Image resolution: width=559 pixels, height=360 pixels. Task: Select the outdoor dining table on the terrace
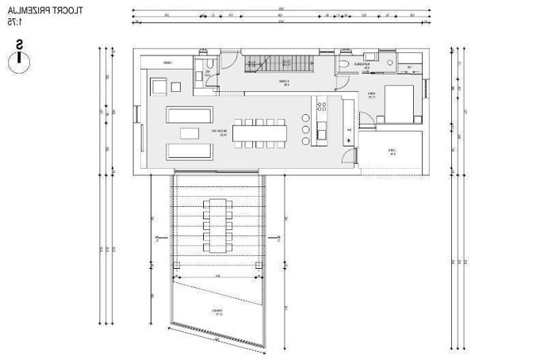pyautogui.click(x=219, y=225)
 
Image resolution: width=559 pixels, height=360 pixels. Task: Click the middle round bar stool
pyautogui.click(x=306, y=128)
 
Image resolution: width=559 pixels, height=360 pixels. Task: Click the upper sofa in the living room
pyautogui.click(x=190, y=114)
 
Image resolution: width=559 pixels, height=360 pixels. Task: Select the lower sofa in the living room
pyautogui.click(x=190, y=151)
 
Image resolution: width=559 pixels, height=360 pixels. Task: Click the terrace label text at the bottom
pyautogui.click(x=216, y=312)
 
